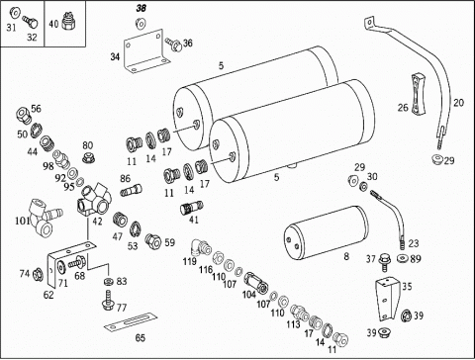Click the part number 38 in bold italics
(142, 8)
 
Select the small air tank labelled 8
(327, 231)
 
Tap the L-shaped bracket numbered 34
(143, 51)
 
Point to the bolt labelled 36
(174, 45)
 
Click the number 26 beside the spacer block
(403, 108)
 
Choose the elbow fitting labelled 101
(47, 218)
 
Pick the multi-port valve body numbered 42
(94, 200)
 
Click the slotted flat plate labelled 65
(131, 321)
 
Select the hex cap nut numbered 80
(88, 157)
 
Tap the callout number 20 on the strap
(458, 103)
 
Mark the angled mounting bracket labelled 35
(388, 300)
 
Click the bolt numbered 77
(108, 300)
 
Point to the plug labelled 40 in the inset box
(68, 22)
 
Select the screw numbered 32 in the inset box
(30, 22)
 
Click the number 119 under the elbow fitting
(190, 261)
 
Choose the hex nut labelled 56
(23, 114)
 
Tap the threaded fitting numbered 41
(192, 208)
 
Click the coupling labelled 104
(256, 283)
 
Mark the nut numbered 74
(39, 274)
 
